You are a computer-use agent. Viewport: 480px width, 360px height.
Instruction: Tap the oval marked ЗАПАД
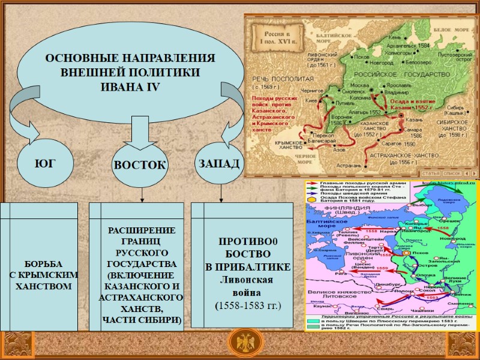click(218, 163)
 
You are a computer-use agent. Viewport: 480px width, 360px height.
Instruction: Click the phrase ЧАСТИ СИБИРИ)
click(141, 319)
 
